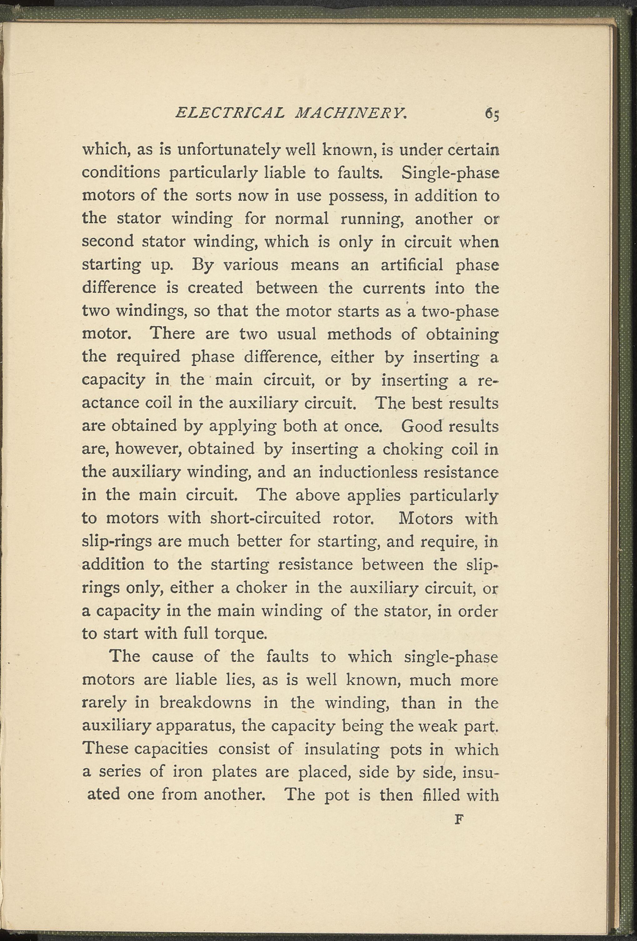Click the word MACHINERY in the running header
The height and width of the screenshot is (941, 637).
coord(351,113)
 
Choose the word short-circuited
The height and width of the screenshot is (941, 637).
coord(265,518)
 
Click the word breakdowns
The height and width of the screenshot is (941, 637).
coord(205,703)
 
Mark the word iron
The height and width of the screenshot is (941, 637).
coord(187,771)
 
